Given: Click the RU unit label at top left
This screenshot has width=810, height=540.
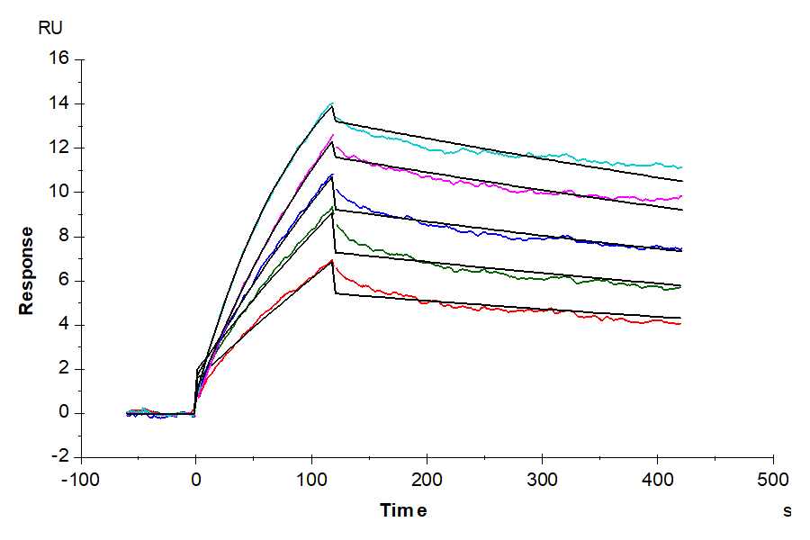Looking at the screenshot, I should [x=50, y=28].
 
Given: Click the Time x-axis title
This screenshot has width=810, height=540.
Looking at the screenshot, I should [x=402, y=511].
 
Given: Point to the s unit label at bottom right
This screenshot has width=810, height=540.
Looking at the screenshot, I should [x=787, y=511].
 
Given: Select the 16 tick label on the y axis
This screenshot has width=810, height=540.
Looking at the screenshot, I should [x=58, y=59].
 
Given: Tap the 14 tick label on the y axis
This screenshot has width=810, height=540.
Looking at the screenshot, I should [x=58, y=103].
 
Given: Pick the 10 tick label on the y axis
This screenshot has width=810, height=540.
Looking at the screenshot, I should [x=58, y=192].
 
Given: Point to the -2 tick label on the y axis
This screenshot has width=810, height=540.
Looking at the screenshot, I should [x=60, y=457].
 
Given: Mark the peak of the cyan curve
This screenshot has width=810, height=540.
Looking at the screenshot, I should [x=332, y=103].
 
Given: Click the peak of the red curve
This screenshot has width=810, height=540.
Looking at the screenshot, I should [x=332, y=260].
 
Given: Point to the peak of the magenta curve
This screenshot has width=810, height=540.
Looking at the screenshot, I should [x=332, y=135].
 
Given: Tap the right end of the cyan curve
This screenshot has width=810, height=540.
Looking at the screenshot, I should [x=681, y=167].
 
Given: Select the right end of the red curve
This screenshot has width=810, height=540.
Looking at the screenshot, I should [x=681, y=323].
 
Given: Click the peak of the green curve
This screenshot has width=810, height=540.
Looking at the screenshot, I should [x=332, y=207].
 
